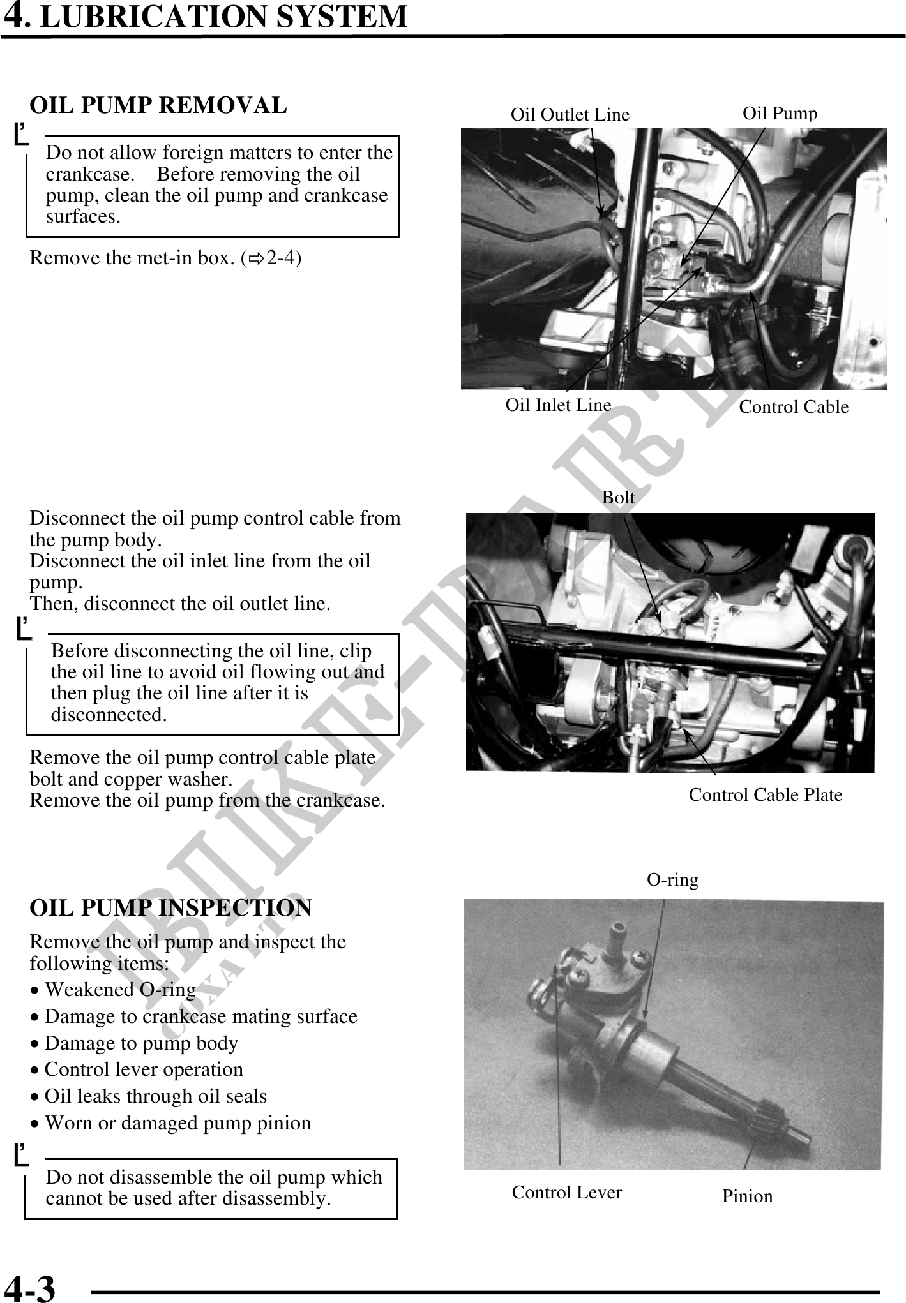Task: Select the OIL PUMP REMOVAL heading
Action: pyautogui.click(x=158, y=105)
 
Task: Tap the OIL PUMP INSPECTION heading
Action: pyautogui.click(x=170, y=907)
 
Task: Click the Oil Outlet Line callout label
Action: pyautogui.click(x=570, y=115)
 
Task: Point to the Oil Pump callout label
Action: pyautogui.click(x=780, y=114)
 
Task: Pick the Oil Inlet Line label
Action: pyautogui.click(x=558, y=405)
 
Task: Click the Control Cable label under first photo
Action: pyautogui.click(x=793, y=407)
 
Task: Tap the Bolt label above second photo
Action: pyautogui.click(x=618, y=498)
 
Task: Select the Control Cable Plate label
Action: pyautogui.click(x=765, y=795)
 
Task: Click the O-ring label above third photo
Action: pyautogui.click(x=672, y=880)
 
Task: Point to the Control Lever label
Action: pyautogui.click(x=566, y=1193)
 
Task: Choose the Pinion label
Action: pyautogui.click(x=747, y=1196)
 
